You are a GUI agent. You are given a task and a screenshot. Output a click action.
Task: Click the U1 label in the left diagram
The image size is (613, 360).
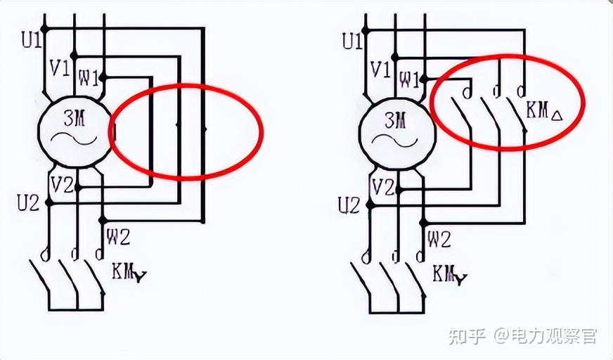(32, 41)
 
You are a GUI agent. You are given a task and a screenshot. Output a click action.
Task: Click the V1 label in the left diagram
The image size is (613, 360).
(59, 68)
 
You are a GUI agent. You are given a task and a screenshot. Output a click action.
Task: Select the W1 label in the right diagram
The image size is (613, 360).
(408, 79)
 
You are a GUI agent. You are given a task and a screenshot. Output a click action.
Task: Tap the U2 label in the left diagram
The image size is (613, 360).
(29, 204)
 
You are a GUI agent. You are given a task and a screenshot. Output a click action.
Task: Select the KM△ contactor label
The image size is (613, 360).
(545, 110)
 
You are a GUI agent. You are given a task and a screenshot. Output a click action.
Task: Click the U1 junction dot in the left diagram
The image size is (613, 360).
(44, 29)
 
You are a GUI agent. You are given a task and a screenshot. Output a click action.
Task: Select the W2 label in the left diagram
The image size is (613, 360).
(117, 237)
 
